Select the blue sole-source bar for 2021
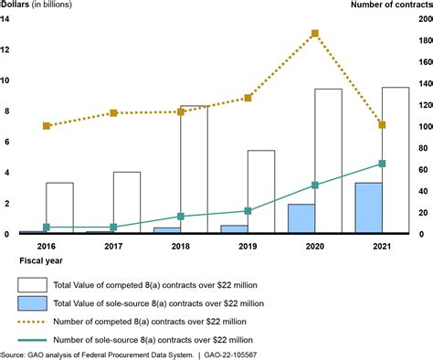point(369,208)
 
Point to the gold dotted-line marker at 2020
point(315,34)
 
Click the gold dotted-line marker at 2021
point(382,125)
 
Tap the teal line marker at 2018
point(181,217)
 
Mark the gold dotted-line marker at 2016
point(47,126)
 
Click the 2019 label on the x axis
point(248,246)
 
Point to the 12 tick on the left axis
point(5,49)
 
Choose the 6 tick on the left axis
point(5,142)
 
